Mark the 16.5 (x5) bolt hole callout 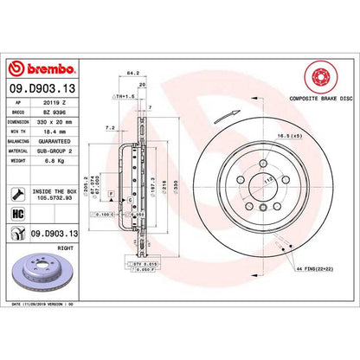(x=318, y=137)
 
